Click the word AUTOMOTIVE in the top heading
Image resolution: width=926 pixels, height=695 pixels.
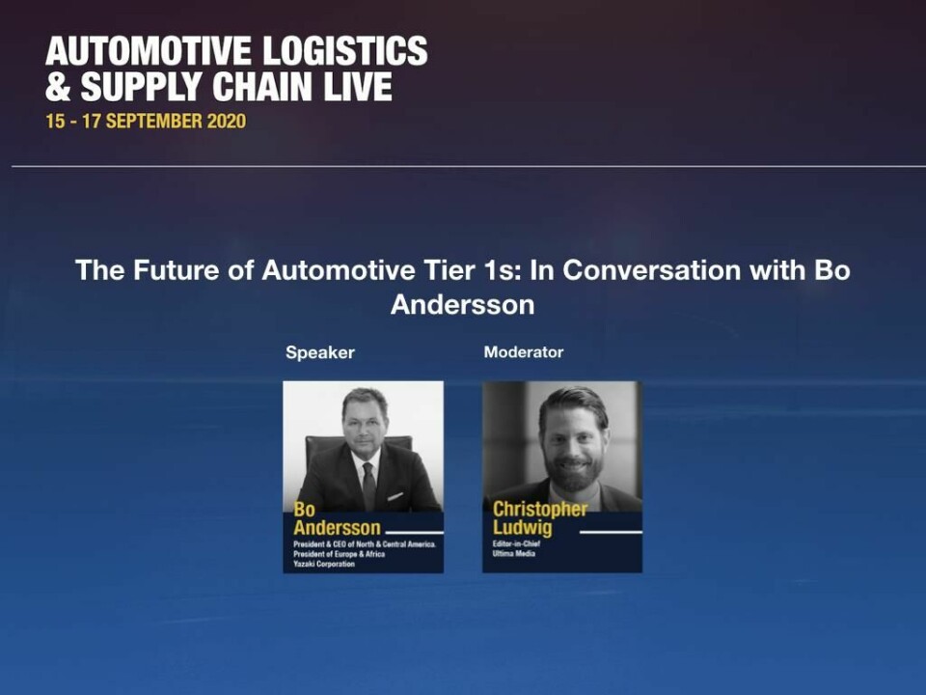point(149,51)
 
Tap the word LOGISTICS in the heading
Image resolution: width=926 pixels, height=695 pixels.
point(345,51)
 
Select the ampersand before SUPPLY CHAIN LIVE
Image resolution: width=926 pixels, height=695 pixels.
point(58,87)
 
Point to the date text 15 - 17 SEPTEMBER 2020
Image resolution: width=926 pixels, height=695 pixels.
point(146,122)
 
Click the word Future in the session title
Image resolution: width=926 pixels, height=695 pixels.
point(193,270)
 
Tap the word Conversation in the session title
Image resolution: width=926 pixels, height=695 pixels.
point(651,270)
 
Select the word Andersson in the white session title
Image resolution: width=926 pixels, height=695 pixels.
point(462,305)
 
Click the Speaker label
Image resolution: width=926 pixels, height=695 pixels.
point(320,353)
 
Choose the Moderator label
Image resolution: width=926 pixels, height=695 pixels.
point(523,352)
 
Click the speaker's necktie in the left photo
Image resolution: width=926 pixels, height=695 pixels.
point(369,486)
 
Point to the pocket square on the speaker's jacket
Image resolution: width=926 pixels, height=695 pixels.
point(395,496)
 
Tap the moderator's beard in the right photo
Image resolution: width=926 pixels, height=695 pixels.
point(573,470)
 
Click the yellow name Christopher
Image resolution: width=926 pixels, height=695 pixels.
point(540,510)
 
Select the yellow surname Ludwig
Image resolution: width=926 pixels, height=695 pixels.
point(522,528)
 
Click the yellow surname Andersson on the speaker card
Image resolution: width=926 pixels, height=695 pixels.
point(337,528)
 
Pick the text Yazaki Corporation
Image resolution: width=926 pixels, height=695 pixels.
point(324,564)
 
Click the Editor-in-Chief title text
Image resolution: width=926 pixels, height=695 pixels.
point(516,543)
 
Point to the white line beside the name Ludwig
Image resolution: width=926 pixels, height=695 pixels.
point(611,533)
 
